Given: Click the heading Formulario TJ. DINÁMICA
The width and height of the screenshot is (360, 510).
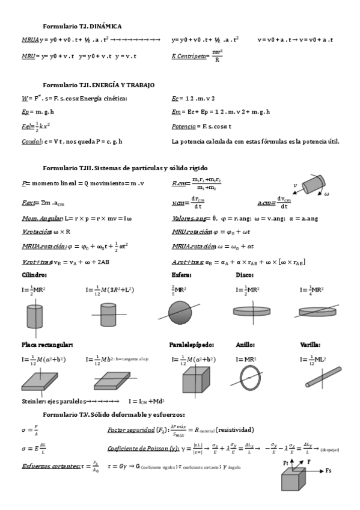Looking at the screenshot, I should pyautogui.click(x=82, y=26).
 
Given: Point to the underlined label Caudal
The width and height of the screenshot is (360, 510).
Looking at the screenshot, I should pyautogui.click(x=31, y=141).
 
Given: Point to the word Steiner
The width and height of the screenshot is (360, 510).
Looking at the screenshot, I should pyautogui.click(x=32, y=401).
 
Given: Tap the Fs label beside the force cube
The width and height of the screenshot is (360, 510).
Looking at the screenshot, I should pyautogui.click(x=329, y=470).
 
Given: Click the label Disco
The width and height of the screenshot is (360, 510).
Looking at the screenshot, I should pyautogui.click(x=245, y=275).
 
